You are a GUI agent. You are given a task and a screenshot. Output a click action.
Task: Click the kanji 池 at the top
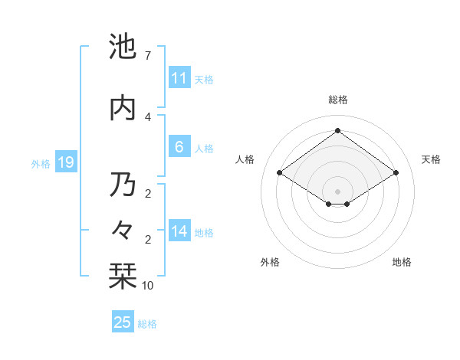(x=123, y=47)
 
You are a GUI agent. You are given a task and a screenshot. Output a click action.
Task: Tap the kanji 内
(x=123, y=108)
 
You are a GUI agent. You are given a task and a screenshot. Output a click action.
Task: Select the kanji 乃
(x=123, y=185)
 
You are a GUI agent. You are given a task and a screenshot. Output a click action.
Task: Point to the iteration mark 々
(x=123, y=229)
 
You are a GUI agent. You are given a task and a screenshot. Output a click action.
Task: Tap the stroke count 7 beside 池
(x=147, y=56)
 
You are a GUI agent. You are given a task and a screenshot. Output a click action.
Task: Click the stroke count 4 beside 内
(x=147, y=116)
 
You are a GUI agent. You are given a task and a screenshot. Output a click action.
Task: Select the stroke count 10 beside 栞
(x=148, y=285)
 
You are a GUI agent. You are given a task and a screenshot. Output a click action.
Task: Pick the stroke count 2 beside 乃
(x=147, y=193)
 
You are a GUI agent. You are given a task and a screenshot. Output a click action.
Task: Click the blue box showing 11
(x=179, y=78)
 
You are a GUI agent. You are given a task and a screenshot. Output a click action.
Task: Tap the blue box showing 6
(x=179, y=147)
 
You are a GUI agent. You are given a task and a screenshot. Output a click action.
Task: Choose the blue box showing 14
(x=179, y=232)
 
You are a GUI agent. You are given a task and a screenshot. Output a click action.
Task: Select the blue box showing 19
(x=65, y=162)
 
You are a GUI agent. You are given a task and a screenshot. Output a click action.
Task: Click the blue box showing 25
(x=123, y=322)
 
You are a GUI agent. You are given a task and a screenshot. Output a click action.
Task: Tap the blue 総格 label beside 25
(x=147, y=324)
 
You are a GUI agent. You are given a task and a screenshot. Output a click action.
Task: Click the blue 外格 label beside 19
(x=41, y=163)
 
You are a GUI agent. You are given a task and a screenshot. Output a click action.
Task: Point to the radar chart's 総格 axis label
(x=337, y=100)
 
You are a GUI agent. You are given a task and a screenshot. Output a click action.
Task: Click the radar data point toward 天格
(x=396, y=173)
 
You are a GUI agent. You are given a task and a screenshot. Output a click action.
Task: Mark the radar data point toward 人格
(x=280, y=173)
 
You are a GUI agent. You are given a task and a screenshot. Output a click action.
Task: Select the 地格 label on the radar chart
(x=402, y=262)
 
